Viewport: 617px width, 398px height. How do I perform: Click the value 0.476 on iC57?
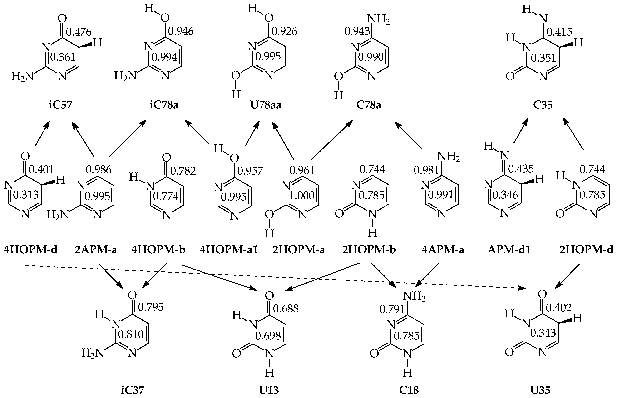click(x=79, y=32)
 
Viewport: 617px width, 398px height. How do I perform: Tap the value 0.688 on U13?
click(x=286, y=308)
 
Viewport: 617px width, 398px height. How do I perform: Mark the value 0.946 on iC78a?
click(x=181, y=31)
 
